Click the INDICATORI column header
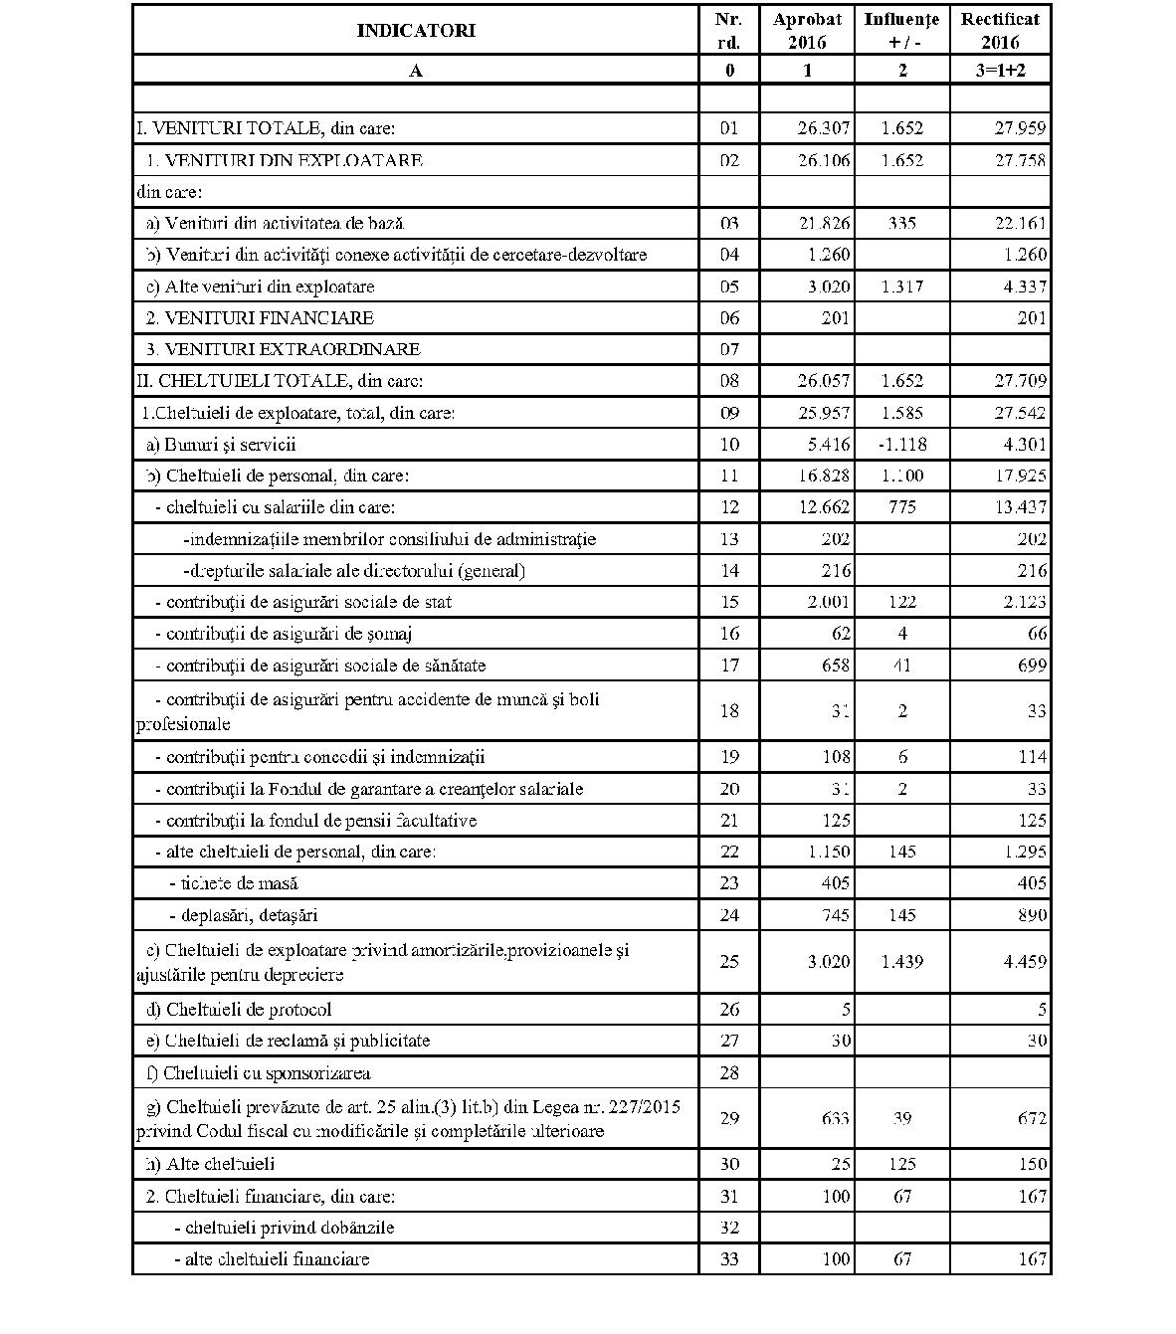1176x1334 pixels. [416, 30]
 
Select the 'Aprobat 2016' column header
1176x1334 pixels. [806, 30]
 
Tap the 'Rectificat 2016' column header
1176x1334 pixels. [1000, 30]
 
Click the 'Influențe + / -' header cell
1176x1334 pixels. [901, 30]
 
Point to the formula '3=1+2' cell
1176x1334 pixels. [1000, 70]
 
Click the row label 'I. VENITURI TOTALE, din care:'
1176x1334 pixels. [267, 128]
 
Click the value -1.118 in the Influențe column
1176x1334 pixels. [901, 445]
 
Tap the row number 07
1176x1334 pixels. [729, 349]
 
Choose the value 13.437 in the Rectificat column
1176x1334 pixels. [1021, 507]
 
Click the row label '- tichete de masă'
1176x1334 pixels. [234, 883]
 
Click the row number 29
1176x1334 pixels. [729, 1119]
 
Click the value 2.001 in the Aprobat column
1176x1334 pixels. [828, 602]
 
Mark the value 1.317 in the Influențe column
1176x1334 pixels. [901, 286]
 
